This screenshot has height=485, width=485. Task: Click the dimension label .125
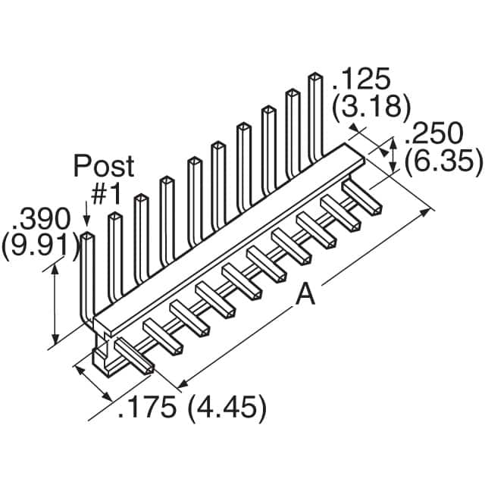coord(361,79)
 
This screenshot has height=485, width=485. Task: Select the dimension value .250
coord(434,134)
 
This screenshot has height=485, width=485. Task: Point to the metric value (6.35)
coord(443,161)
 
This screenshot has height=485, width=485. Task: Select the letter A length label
coord(305,296)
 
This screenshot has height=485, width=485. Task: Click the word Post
coord(104,165)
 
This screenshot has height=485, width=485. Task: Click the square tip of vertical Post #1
coord(88,237)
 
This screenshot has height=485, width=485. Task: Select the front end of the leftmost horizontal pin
coord(145,368)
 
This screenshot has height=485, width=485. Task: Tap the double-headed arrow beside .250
coord(393,156)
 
